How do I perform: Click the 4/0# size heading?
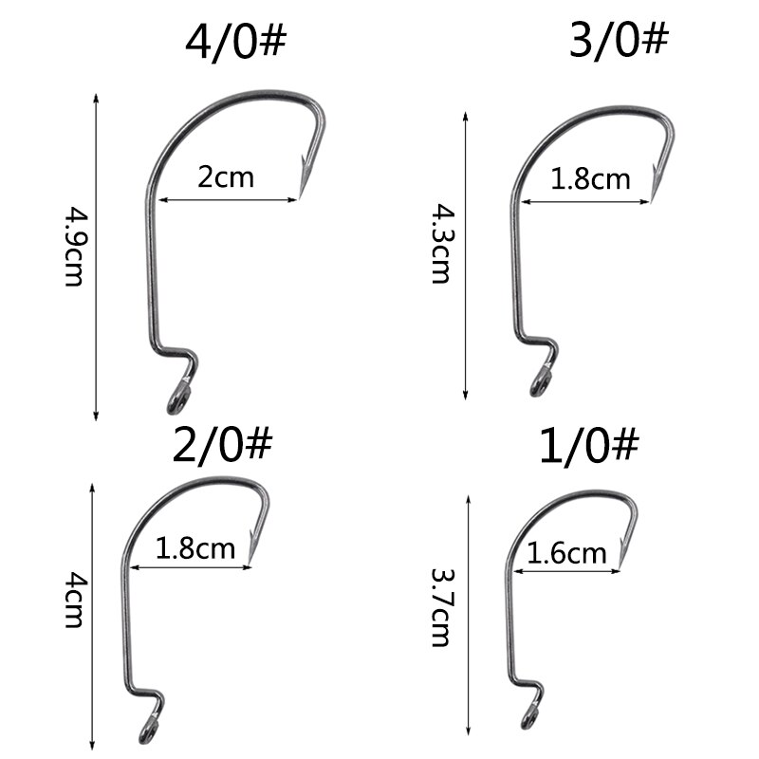(235, 41)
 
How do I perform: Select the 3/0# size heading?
(619, 39)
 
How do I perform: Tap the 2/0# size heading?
(222, 444)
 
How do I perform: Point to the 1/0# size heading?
(589, 445)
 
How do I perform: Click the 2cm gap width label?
(226, 176)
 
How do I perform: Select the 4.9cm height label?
(74, 247)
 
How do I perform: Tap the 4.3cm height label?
(441, 244)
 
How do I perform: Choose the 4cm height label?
(74, 601)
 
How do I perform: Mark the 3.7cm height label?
(441, 607)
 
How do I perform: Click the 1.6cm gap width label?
(566, 553)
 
